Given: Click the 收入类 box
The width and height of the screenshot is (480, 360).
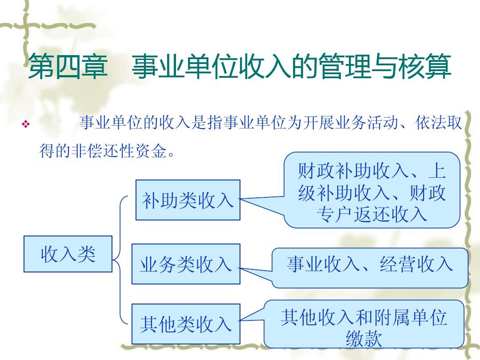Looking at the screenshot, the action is coord(68,254).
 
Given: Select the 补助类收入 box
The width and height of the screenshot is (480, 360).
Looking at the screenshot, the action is coord(188,200).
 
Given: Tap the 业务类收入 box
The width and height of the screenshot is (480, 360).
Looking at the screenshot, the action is coord(186,264).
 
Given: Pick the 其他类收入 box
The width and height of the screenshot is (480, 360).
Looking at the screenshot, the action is coord(186,324).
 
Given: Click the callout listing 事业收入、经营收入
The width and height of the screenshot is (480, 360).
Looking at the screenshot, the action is coord(370,268).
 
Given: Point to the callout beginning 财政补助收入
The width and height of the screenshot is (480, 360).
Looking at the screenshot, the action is coord(372,190).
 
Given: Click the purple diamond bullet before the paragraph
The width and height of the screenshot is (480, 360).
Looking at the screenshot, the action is coord(26,124).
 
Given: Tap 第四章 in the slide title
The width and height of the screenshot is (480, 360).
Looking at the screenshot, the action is coord(68,66).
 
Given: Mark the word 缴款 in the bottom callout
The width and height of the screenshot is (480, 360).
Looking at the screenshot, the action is coord(364,339).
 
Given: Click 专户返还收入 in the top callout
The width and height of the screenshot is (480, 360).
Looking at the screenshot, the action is coord(372,214).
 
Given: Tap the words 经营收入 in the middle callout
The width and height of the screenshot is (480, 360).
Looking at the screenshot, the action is coord(416,264).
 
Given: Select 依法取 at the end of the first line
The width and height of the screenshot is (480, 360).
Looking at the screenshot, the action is coord(438,123).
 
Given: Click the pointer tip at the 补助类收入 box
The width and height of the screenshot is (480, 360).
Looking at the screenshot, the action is coord(240,199).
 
